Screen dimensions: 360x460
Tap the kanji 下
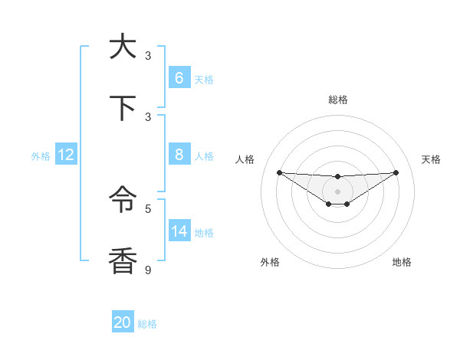point(123,108)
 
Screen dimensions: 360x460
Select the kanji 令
point(123,201)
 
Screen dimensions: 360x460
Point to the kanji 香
point(123,262)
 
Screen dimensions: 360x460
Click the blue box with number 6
point(179,78)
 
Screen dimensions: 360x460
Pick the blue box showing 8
point(179,155)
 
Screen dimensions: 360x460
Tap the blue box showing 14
point(179,231)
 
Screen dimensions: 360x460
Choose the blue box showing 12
point(65,155)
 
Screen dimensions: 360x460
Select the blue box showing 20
point(123,322)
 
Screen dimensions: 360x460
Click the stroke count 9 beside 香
point(149,270)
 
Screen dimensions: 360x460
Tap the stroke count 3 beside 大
point(149,55)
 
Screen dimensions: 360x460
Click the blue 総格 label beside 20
point(147,324)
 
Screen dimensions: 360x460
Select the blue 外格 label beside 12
point(41,155)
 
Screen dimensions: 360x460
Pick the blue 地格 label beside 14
point(204,232)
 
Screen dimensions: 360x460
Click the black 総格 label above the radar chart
point(337,100)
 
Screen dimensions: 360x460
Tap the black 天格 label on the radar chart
point(432,159)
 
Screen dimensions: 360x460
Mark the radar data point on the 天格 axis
point(396,172)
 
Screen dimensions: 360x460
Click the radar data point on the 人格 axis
point(279,172)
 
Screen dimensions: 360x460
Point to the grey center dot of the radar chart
point(337,191)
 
